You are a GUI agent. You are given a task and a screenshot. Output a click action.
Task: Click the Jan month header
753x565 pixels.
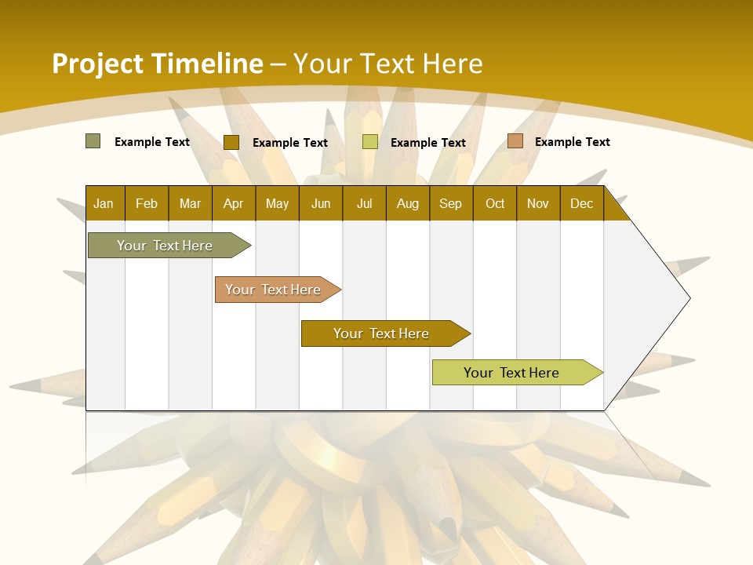click(x=104, y=203)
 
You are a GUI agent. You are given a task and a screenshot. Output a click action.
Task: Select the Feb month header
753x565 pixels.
click(x=147, y=203)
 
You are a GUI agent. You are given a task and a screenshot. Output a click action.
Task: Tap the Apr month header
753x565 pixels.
click(x=233, y=203)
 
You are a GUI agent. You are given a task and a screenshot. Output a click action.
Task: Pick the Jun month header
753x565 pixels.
click(x=320, y=203)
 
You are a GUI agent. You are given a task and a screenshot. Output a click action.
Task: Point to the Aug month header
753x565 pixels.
click(x=407, y=203)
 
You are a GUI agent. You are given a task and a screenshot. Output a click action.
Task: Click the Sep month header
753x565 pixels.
click(x=450, y=203)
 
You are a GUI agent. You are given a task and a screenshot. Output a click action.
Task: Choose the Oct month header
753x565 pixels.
click(x=494, y=203)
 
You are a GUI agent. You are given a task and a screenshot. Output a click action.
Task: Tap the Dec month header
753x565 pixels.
click(x=581, y=203)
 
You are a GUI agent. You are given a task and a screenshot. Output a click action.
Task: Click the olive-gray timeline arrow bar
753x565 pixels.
click(x=165, y=246)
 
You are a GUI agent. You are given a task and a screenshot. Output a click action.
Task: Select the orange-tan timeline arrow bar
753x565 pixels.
click(x=273, y=290)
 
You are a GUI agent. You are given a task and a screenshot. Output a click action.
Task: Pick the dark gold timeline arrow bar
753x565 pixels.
click(x=381, y=334)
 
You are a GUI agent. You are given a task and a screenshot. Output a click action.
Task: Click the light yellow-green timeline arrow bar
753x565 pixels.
click(x=511, y=373)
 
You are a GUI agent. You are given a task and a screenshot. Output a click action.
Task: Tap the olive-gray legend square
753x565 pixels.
click(x=93, y=141)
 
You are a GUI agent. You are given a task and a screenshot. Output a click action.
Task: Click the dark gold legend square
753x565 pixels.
click(x=231, y=142)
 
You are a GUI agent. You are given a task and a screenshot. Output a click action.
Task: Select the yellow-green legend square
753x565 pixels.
click(x=369, y=142)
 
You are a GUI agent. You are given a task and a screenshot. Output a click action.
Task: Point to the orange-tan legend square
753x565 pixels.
click(x=515, y=141)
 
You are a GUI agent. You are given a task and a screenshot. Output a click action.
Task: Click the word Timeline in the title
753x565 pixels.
click(x=207, y=64)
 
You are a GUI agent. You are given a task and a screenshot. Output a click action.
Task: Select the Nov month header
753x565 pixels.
click(x=537, y=203)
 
